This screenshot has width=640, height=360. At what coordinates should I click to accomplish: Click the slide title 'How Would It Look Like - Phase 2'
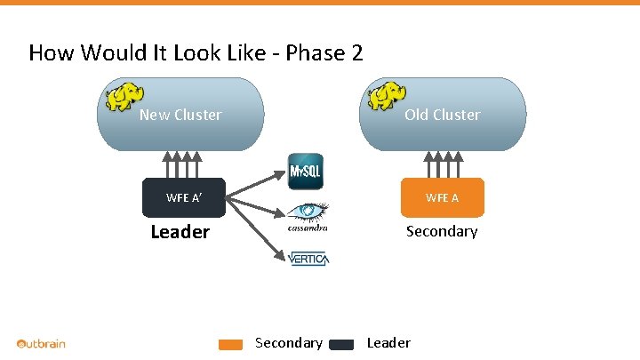[x=196, y=53]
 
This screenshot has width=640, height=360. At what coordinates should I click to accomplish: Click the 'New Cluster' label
[x=180, y=115]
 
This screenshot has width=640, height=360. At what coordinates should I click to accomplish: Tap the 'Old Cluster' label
[x=442, y=115]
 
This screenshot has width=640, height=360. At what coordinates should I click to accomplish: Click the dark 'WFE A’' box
[x=184, y=197]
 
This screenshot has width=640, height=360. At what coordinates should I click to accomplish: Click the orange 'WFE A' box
[x=442, y=197]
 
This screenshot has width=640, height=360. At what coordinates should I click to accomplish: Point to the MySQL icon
[x=306, y=171]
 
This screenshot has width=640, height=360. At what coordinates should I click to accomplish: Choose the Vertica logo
[x=308, y=259]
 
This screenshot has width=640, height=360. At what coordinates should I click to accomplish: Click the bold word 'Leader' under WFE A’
[x=180, y=233]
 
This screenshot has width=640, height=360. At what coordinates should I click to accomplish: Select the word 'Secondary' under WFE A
[x=441, y=231]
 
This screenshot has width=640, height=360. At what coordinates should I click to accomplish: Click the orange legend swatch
[x=231, y=345]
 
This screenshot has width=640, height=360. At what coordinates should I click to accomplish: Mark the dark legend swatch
[x=342, y=345]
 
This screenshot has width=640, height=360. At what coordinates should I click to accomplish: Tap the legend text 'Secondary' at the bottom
[x=288, y=343]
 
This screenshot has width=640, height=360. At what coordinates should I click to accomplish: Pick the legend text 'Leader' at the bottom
[x=388, y=343]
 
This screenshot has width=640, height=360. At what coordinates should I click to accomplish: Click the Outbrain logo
[x=42, y=343]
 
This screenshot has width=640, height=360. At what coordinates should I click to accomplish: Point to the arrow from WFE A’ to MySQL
[x=258, y=185]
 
